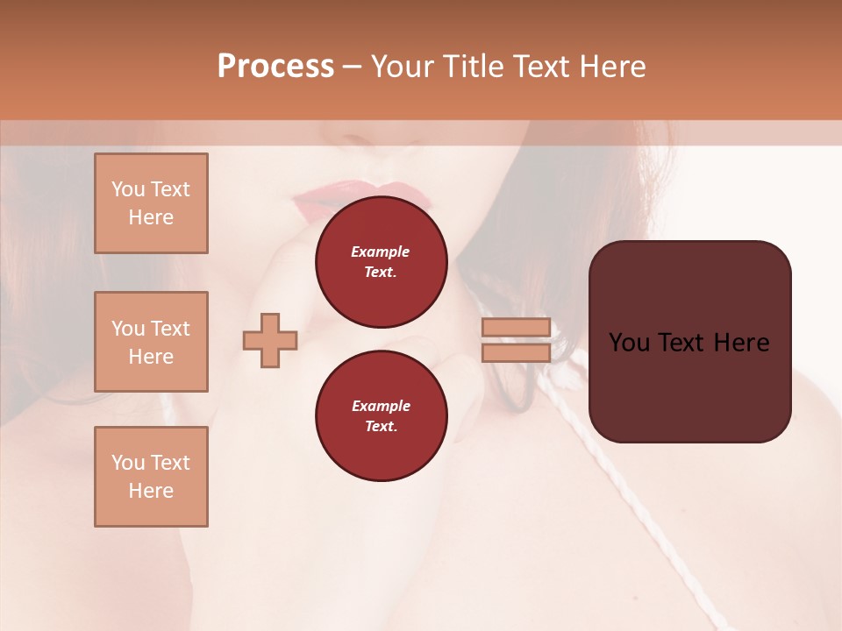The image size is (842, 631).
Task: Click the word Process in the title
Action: (275, 67)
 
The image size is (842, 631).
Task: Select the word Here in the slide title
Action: (610, 67)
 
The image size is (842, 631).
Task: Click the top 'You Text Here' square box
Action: (151, 203)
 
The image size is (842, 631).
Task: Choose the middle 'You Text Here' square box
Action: (151, 342)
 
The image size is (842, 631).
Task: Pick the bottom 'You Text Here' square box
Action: (151, 477)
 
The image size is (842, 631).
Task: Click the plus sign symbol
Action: (270, 340)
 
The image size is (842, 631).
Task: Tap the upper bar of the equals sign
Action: (516, 327)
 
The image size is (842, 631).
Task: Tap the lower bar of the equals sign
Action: (516, 352)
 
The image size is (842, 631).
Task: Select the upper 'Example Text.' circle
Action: (381, 262)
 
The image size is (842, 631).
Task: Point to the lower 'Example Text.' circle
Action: (381, 416)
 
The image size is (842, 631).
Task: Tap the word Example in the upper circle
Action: (381, 252)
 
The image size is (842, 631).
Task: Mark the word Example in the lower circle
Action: (381, 406)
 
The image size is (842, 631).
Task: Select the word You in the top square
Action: (128, 189)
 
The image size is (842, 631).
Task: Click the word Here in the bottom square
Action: (151, 491)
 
